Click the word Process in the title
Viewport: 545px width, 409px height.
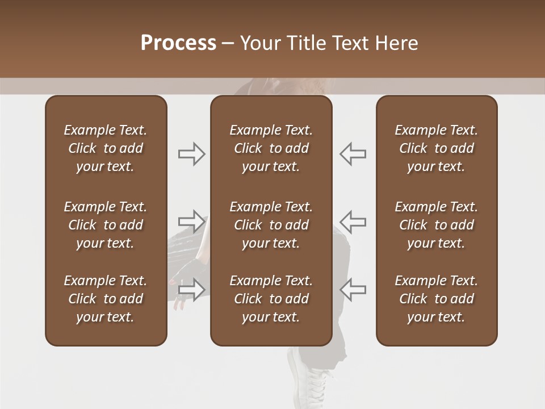pos(178,43)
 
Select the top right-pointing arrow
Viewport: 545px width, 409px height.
pos(192,153)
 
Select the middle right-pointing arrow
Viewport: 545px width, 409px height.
pos(192,221)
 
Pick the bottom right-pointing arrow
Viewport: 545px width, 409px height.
pos(192,289)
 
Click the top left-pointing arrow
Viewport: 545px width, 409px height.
pos(353,153)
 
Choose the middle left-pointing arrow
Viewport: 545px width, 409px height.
pos(353,221)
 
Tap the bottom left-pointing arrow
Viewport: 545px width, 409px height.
pos(353,289)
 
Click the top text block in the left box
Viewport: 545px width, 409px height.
pos(106,148)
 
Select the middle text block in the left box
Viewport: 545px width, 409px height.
pos(106,225)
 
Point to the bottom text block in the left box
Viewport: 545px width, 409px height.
pos(106,299)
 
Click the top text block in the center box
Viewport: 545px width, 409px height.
pos(271,148)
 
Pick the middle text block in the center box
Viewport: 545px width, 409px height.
pos(271,225)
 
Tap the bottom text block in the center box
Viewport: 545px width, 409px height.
pos(271,299)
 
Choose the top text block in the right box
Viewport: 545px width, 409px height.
pos(436,148)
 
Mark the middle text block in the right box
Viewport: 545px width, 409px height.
pos(436,225)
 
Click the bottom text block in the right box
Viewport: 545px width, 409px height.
pos(436,299)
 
